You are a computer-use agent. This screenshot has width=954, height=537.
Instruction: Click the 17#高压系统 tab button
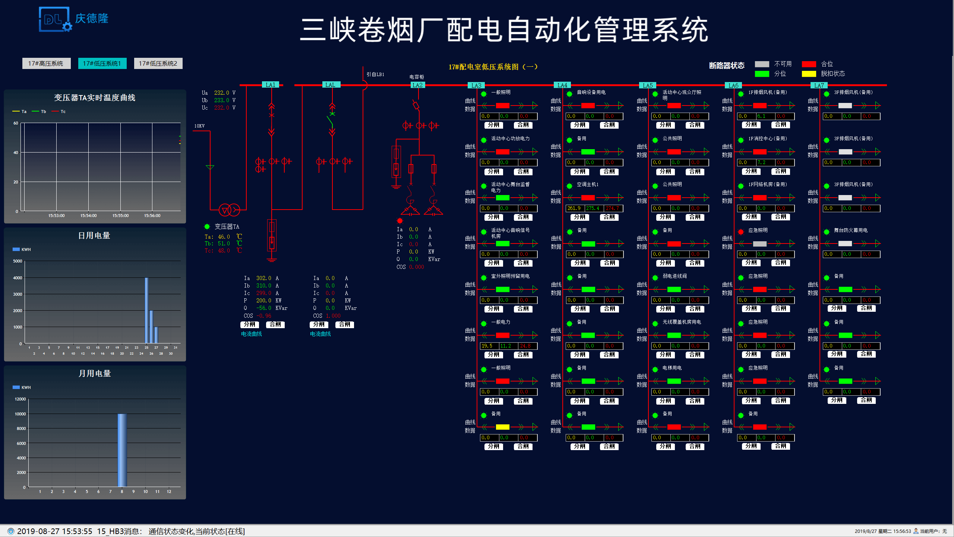point(46,63)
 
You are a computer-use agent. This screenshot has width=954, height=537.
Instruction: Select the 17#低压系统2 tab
point(158,63)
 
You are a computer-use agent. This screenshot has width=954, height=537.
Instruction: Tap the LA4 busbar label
point(562,85)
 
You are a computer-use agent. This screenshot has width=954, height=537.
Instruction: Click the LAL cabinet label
point(330,85)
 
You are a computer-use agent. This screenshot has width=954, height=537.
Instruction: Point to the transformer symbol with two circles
point(229,210)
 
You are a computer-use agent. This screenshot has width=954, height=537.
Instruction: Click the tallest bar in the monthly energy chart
point(122,450)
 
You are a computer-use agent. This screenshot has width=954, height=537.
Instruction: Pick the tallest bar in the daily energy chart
point(146,310)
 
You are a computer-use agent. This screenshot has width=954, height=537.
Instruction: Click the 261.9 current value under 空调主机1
point(574,208)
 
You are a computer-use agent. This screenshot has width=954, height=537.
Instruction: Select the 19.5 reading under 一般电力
point(487,346)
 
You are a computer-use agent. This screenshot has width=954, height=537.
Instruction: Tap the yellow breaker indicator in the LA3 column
point(502,427)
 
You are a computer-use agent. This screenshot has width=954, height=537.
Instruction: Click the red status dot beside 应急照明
point(741,232)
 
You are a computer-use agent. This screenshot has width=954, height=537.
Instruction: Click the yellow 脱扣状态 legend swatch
point(809,74)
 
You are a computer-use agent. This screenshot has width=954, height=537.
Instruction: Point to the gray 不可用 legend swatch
point(762,64)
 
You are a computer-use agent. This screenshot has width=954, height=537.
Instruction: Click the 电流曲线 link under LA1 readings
point(252,334)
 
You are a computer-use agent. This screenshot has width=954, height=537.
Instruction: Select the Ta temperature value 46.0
point(224,237)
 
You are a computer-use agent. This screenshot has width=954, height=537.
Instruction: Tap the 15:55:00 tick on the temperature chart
point(120,216)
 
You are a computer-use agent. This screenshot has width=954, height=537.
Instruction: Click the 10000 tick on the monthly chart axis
point(20,414)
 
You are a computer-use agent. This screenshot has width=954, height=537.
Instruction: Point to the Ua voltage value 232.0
point(221,93)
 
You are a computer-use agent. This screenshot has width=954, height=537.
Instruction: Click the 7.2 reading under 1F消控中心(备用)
point(761,163)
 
